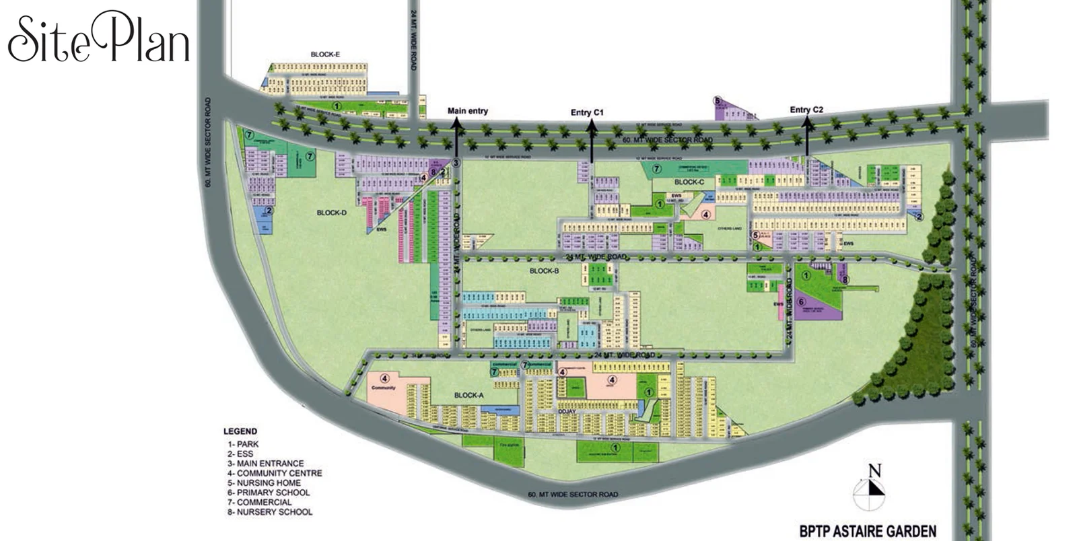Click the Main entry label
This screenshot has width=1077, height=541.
coord(467,111)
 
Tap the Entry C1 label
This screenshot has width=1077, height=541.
coord(587,112)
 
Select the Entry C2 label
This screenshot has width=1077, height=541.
coord(806,110)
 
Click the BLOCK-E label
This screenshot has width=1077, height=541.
coord(325,55)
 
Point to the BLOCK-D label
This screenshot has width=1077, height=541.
coord(331,213)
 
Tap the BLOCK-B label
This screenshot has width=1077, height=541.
coord(544,271)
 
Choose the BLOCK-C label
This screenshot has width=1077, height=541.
coord(689,182)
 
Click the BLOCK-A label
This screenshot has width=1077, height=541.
coord(468,395)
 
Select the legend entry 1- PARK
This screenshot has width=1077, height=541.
coord(243,444)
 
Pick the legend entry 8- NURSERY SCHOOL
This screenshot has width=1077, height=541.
coord(270,512)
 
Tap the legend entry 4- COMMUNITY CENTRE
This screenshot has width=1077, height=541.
coord(275,473)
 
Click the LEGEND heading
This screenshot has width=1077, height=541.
coord(240,431)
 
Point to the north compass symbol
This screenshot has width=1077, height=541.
coord(869,490)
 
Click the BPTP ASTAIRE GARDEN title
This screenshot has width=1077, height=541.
coord(868,532)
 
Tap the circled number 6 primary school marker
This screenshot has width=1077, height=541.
coord(801,302)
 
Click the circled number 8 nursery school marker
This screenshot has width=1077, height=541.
coord(845,279)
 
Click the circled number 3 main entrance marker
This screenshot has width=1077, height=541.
coord(456,162)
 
